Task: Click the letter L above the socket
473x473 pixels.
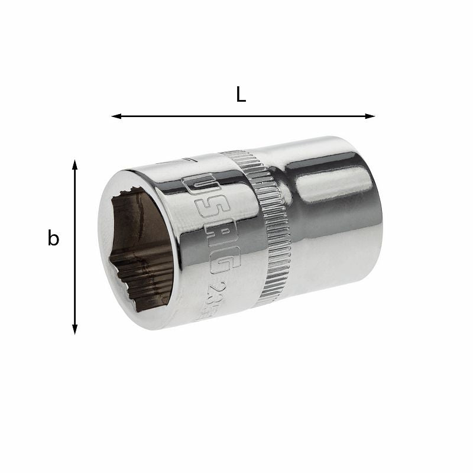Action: point(241,95)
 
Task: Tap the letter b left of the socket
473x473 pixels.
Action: point(53,238)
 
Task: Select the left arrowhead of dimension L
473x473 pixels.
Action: point(116,116)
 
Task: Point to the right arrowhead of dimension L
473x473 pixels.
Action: point(371,116)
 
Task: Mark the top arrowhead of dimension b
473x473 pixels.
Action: point(75,164)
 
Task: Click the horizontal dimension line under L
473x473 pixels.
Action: point(242,116)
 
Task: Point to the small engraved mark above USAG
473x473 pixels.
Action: point(187,160)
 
